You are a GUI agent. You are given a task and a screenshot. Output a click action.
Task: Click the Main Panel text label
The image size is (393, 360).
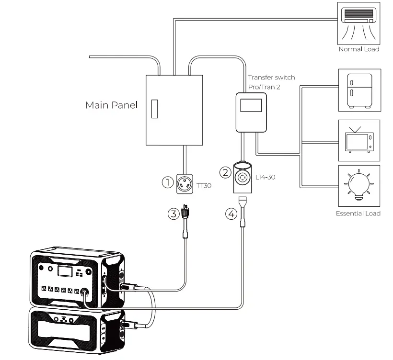tap(111, 105)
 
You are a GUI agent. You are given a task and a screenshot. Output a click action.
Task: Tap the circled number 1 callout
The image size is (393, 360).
tap(167, 182)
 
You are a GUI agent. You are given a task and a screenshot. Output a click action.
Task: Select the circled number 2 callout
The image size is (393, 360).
tap(225, 172)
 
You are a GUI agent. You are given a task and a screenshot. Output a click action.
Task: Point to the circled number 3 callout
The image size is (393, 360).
tap(173, 214)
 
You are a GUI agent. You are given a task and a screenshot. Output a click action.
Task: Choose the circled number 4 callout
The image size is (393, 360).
tap(231, 214)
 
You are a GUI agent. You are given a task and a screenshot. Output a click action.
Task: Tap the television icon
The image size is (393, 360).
tap(359, 140)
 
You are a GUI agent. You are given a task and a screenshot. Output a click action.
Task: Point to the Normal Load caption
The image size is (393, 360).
tap(359, 49)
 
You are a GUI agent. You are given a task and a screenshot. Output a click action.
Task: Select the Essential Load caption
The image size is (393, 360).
tap(358, 214)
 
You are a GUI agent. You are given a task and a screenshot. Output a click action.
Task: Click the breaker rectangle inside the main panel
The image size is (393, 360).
tap(154, 109)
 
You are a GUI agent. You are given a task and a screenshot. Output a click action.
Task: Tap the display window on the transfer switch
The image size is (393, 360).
tap(251, 105)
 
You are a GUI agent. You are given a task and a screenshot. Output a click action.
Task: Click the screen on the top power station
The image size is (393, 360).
tap(64, 271)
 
